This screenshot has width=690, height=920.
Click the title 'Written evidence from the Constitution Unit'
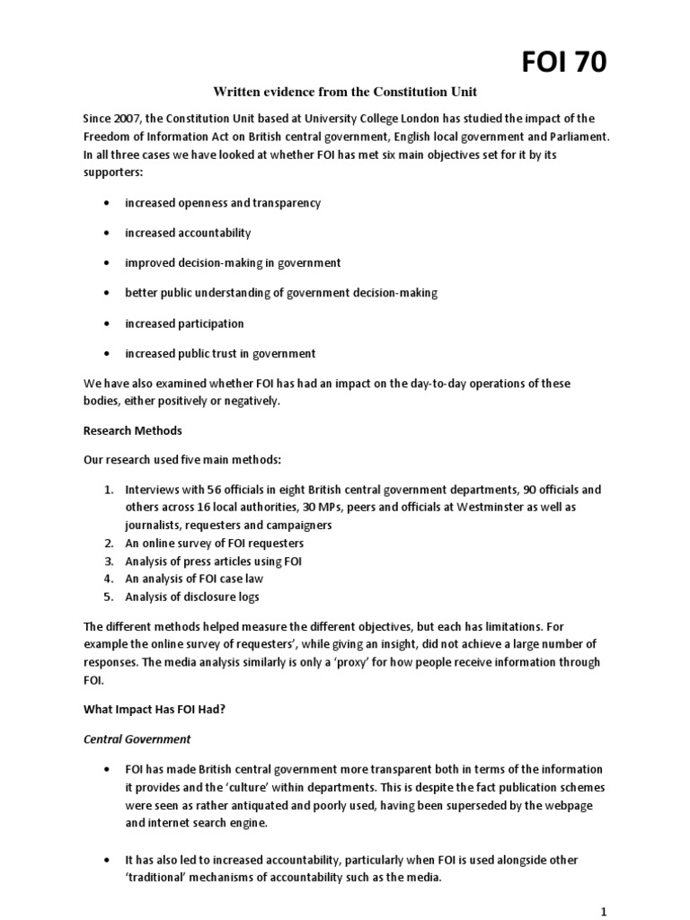tap(344, 92)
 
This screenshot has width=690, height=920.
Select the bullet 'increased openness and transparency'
tap(223, 203)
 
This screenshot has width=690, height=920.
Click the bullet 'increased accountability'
tap(188, 233)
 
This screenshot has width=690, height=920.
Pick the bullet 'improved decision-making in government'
tap(233, 263)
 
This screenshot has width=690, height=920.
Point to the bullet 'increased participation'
tap(184, 323)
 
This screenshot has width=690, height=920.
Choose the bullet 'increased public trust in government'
tap(220, 353)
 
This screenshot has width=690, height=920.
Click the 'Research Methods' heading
tap(132, 430)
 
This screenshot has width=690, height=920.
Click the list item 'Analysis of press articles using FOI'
tap(214, 562)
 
